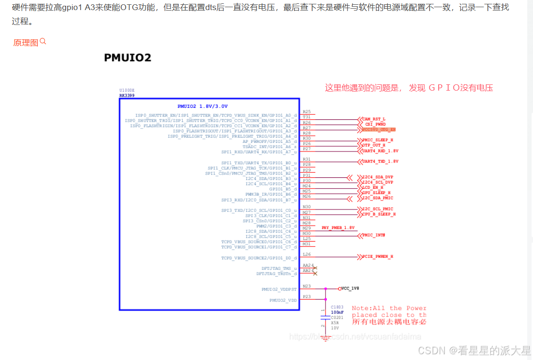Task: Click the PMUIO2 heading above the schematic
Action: [x=127, y=58]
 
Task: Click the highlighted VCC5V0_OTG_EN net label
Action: [x=379, y=129]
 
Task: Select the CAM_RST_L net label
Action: [x=373, y=119]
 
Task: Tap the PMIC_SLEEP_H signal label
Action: [x=378, y=140]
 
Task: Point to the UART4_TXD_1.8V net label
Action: [x=380, y=162]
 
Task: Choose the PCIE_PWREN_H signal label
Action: [x=378, y=257]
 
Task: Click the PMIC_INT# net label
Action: [x=374, y=235]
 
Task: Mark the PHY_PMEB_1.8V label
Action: [x=338, y=228]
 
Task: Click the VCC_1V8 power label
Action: [x=350, y=289]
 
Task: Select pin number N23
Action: [x=307, y=286]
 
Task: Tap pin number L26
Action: [x=307, y=255]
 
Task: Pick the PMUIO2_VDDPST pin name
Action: [x=279, y=290]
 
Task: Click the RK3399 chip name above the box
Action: [x=127, y=95]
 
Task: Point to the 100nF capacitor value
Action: [x=337, y=312]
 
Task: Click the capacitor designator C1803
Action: [x=337, y=306]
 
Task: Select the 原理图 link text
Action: [x=25, y=43]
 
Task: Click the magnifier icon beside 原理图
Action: [x=43, y=42]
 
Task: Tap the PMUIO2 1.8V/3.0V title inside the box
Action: [x=202, y=106]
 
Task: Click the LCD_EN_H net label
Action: [x=373, y=187]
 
